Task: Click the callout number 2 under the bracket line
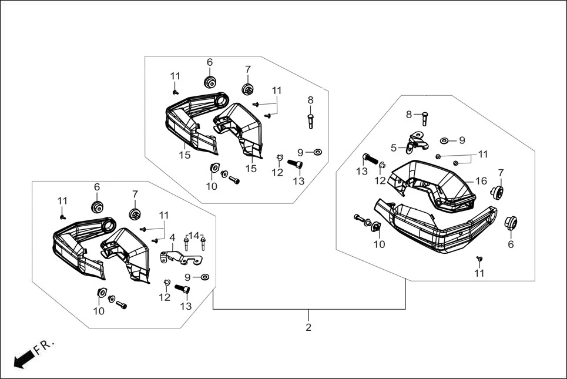coord(308,327)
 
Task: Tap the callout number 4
coord(172,238)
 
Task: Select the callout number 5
coord(394,148)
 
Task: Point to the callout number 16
coord(481,181)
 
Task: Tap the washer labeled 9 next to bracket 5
coord(444,140)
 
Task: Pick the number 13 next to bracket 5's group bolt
coord(361,171)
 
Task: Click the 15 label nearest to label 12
coord(252,169)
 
